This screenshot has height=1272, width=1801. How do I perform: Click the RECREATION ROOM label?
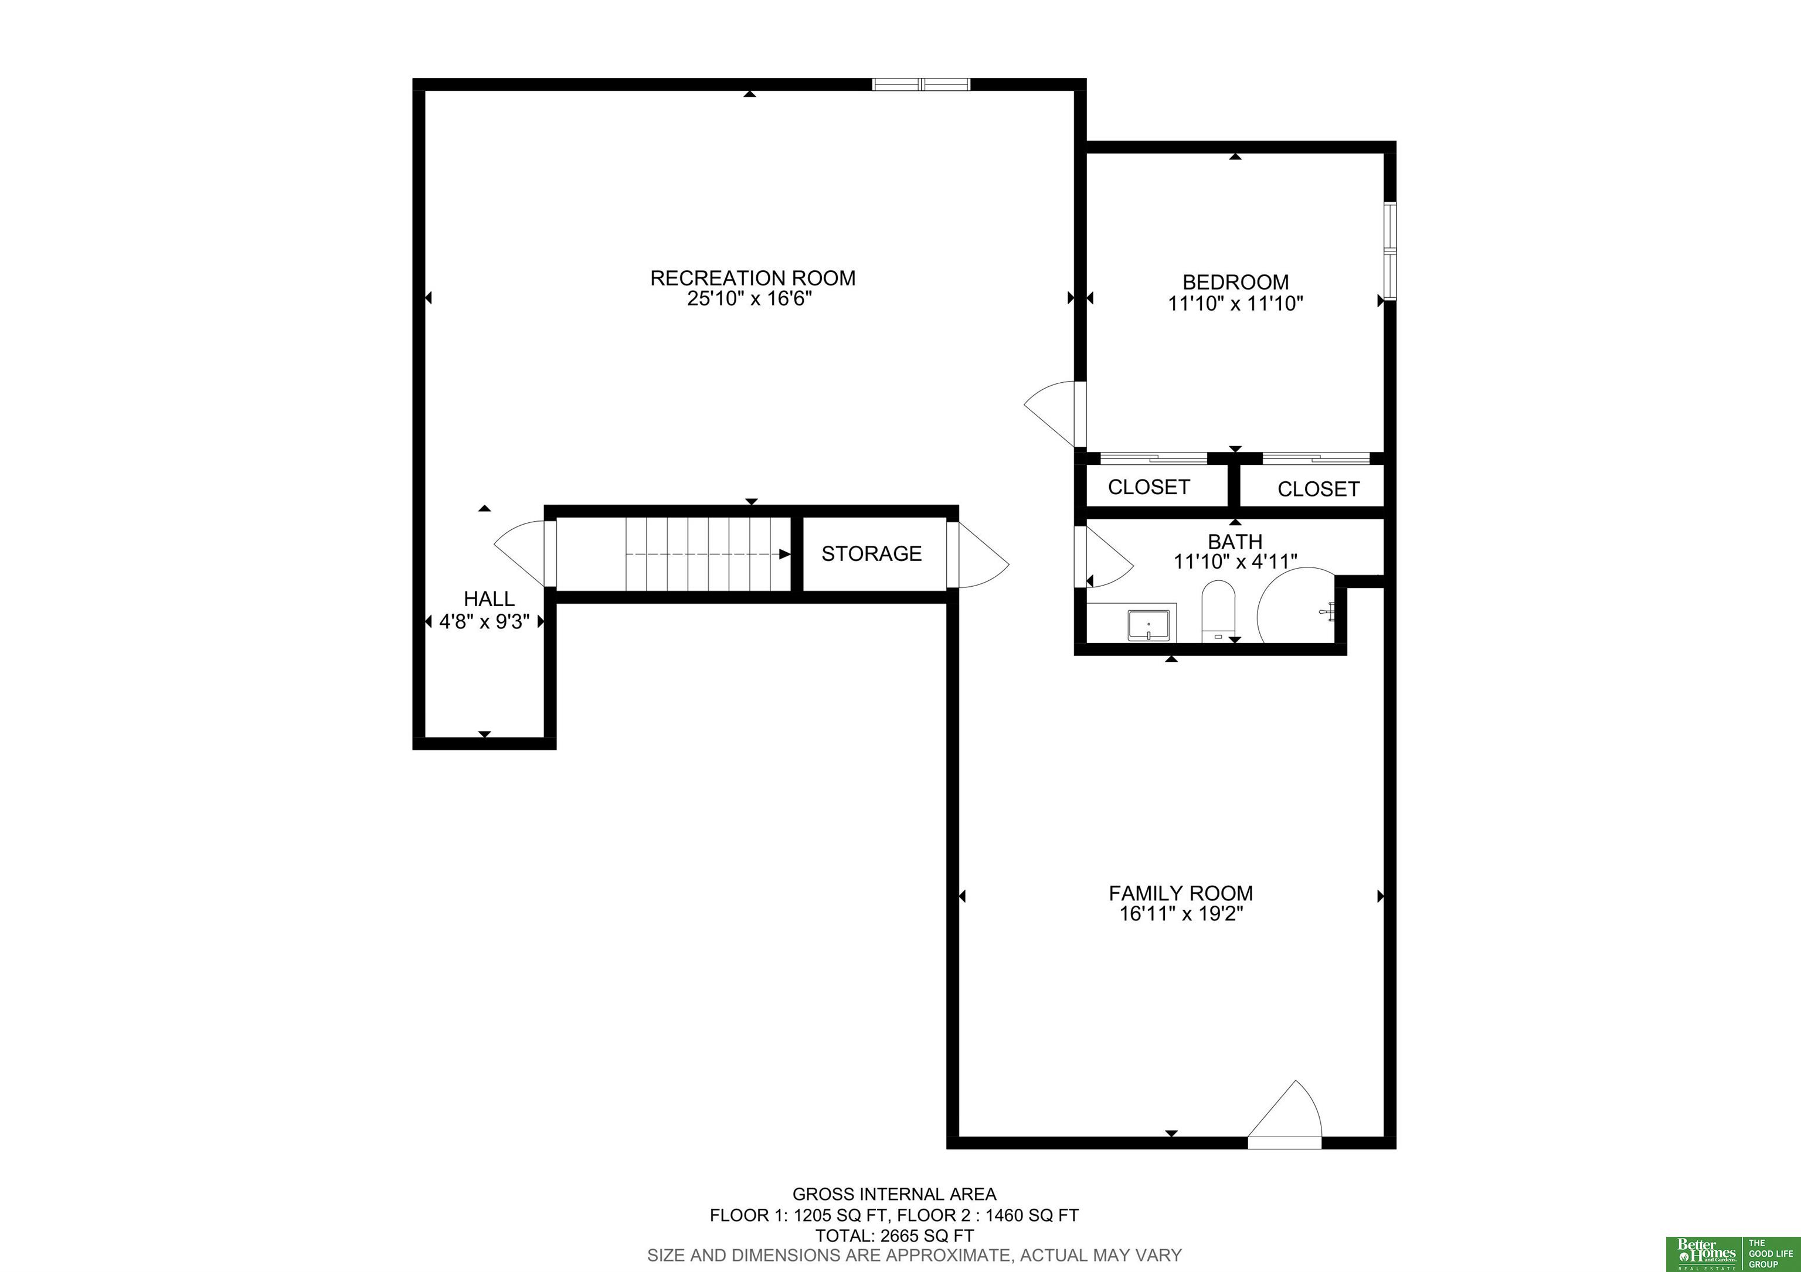click(x=752, y=278)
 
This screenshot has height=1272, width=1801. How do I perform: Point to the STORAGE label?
click(x=871, y=554)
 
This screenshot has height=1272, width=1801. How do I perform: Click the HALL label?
click(x=489, y=598)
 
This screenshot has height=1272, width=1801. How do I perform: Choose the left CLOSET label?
click(x=1148, y=487)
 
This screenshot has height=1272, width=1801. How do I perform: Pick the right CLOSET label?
click(x=1318, y=489)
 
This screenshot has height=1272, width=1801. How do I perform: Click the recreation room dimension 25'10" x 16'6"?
click(x=749, y=299)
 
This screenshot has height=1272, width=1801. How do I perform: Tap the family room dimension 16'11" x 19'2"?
click(x=1181, y=914)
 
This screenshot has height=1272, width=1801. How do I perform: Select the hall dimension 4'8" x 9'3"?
click(x=485, y=622)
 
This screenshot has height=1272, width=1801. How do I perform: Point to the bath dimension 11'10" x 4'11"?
click(x=1235, y=562)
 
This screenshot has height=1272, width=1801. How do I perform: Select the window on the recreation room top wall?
click(x=922, y=84)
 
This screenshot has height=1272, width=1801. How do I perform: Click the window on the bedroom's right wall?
click(x=1390, y=251)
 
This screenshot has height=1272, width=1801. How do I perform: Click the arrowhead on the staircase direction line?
click(x=784, y=554)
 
